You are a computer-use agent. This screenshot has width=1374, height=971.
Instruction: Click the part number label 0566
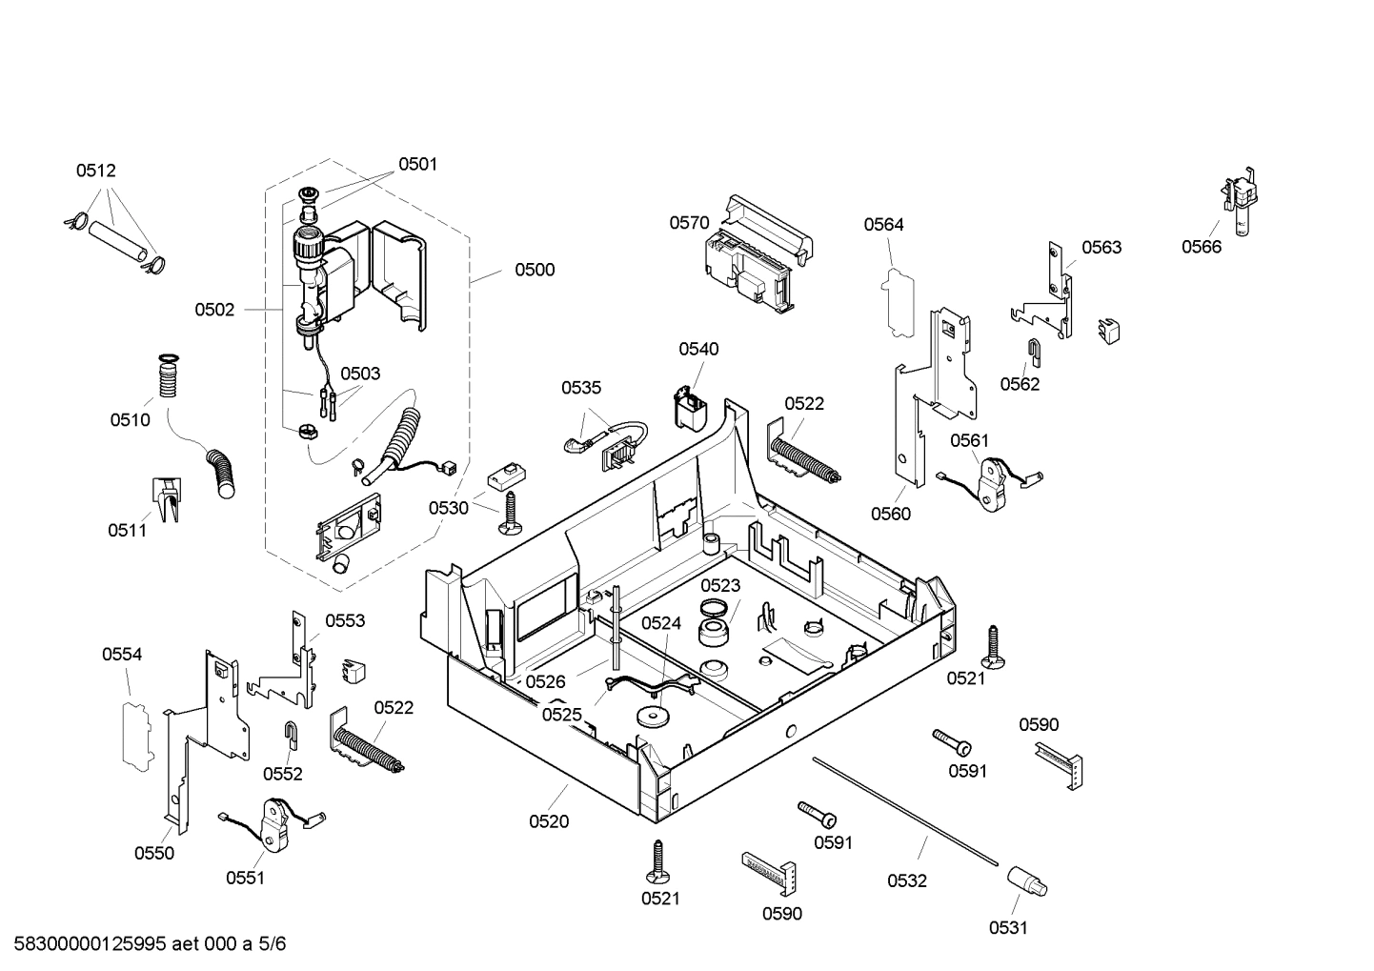pos(1201,247)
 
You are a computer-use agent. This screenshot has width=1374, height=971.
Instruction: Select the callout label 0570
pos(688,223)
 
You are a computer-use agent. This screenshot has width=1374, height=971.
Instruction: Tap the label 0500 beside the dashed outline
pos(535,270)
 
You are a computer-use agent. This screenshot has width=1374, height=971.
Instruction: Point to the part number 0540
pos(698,350)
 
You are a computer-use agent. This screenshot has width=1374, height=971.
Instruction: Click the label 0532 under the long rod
pos(906,881)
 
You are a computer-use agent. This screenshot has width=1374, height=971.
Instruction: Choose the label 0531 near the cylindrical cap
pos(1007,928)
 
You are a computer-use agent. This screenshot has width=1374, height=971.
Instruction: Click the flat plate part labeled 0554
pos(135,733)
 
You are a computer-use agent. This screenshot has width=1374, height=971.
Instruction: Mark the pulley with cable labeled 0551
pos(274,822)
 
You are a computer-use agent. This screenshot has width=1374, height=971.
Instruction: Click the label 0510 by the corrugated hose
pos(130,420)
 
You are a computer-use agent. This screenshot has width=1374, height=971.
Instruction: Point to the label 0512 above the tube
pos(95,172)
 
